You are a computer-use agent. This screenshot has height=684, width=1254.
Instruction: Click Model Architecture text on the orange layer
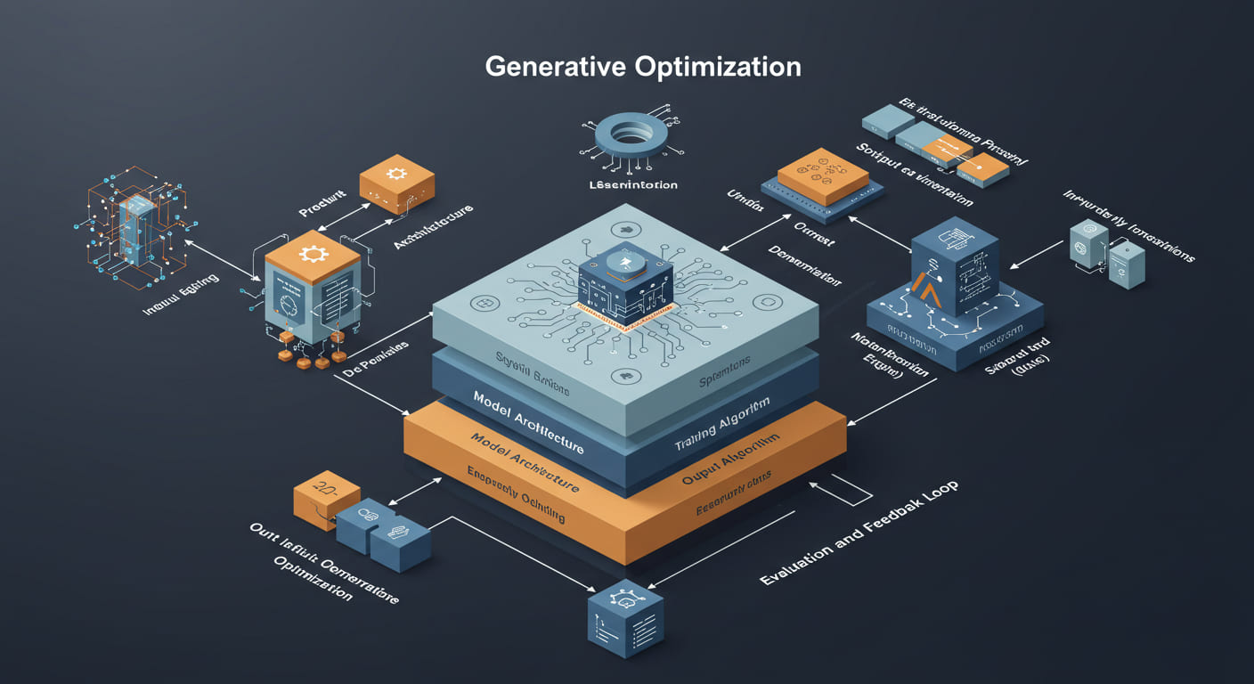point(525,464)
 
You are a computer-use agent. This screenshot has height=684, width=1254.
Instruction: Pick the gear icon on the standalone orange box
point(396,173)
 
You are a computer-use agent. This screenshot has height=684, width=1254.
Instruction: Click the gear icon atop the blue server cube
point(313,254)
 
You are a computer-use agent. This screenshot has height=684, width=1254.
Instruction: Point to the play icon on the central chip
point(626,260)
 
